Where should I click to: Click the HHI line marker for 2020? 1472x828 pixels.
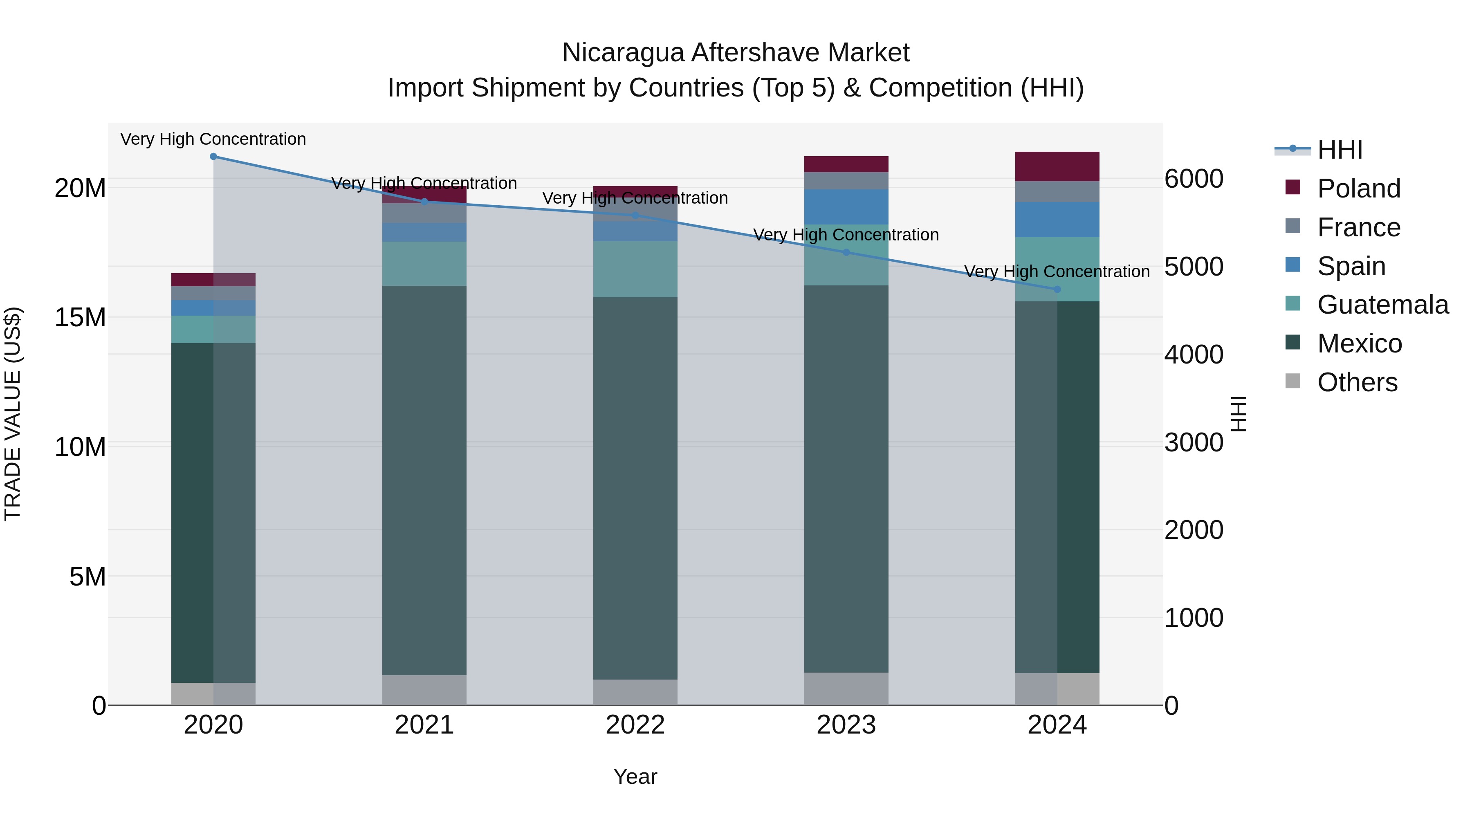(213, 157)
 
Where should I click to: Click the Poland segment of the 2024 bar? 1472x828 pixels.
(1057, 166)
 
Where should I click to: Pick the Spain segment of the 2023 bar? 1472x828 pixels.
(846, 207)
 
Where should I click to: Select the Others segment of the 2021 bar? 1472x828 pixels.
(424, 690)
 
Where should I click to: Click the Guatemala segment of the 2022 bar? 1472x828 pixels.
(635, 269)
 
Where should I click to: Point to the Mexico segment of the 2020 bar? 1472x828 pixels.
(213, 513)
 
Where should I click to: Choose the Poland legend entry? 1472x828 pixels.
(1358, 188)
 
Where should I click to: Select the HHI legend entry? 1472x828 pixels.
(1339, 150)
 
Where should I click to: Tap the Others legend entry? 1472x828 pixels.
(1357, 382)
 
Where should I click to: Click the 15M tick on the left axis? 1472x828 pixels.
(80, 318)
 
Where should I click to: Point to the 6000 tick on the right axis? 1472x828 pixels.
(1194, 179)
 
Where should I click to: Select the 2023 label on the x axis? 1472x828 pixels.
(846, 725)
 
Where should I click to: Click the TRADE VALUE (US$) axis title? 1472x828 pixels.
(13, 414)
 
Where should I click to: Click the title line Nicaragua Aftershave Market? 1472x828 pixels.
(736, 53)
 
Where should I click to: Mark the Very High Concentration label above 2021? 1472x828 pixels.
(424, 184)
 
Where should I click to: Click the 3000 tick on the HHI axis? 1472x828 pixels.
(1194, 443)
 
